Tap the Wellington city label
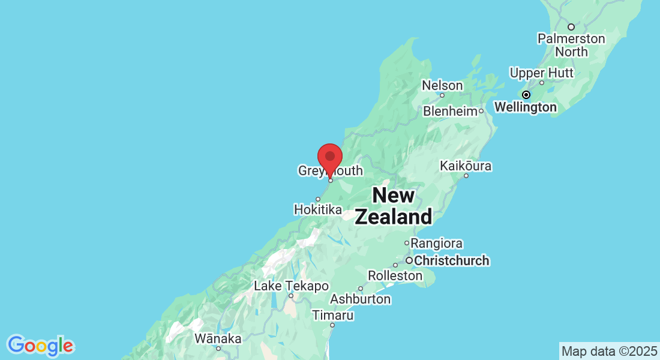tap(526, 107)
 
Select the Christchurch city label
tap(452, 261)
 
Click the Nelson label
tap(442, 86)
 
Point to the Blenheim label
tap(450, 111)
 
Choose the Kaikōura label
tap(466, 166)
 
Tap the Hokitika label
tap(318, 210)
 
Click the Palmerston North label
tap(571, 46)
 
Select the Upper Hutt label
tap(541, 73)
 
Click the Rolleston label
tap(395, 276)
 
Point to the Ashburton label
tap(360, 299)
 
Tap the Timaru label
tap(332, 315)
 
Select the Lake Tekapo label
tap(291, 286)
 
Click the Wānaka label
tap(218, 339)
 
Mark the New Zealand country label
tap(393, 206)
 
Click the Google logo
tap(41, 346)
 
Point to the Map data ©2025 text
tap(609, 350)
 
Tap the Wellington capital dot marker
tap(526, 95)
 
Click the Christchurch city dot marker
tap(409, 260)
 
